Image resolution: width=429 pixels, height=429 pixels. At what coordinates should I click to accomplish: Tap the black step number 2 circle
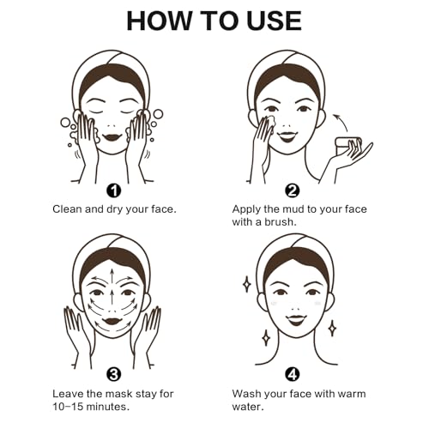pos(292,190)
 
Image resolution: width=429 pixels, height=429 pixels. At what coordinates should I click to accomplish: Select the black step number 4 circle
pos(292,374)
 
